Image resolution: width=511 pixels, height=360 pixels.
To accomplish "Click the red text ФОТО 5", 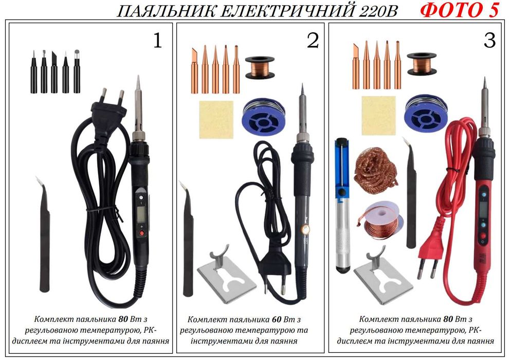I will pos(459,11).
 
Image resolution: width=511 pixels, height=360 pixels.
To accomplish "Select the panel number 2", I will pos(313,41).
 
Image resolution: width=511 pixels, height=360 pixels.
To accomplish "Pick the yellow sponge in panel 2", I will pos(216,119).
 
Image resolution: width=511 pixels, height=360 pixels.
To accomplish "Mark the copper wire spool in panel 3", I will pos(422,64).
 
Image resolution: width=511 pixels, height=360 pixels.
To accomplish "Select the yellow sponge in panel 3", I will pos(379,116).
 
